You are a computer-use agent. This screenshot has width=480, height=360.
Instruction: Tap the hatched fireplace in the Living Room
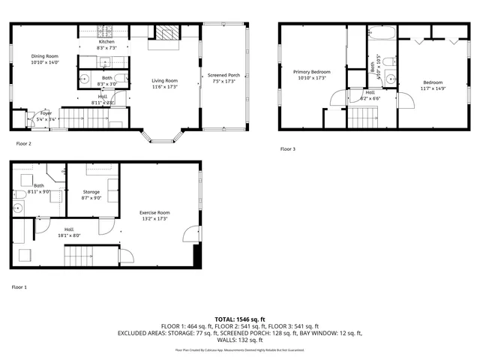(171, 32)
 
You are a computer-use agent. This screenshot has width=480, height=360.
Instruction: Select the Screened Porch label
(223, 75)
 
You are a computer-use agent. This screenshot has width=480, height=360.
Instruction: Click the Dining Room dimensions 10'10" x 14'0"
(43, 63)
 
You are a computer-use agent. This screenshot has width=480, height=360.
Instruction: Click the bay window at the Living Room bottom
(164, 136)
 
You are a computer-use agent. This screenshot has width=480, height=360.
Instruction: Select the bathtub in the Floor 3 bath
(379, 32)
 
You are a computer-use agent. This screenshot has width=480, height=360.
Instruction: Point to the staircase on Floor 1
(79, 256)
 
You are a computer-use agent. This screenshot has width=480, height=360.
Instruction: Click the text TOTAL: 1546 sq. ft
(239, 319)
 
